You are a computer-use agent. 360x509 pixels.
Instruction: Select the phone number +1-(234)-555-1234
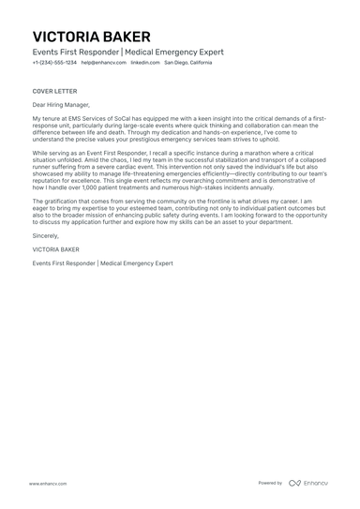pyautogui.click(x=54, y=63)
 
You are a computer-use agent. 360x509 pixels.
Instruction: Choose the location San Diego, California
pyautogui.click(x=188, y=63)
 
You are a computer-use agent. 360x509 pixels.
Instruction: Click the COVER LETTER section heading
pyautogui.click(x=53, y=91)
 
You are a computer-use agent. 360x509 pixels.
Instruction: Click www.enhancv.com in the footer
pyautogui.click(x=47, y=483)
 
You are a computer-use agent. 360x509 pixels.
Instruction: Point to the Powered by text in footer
pyautogui.click(x=270, y=483)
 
